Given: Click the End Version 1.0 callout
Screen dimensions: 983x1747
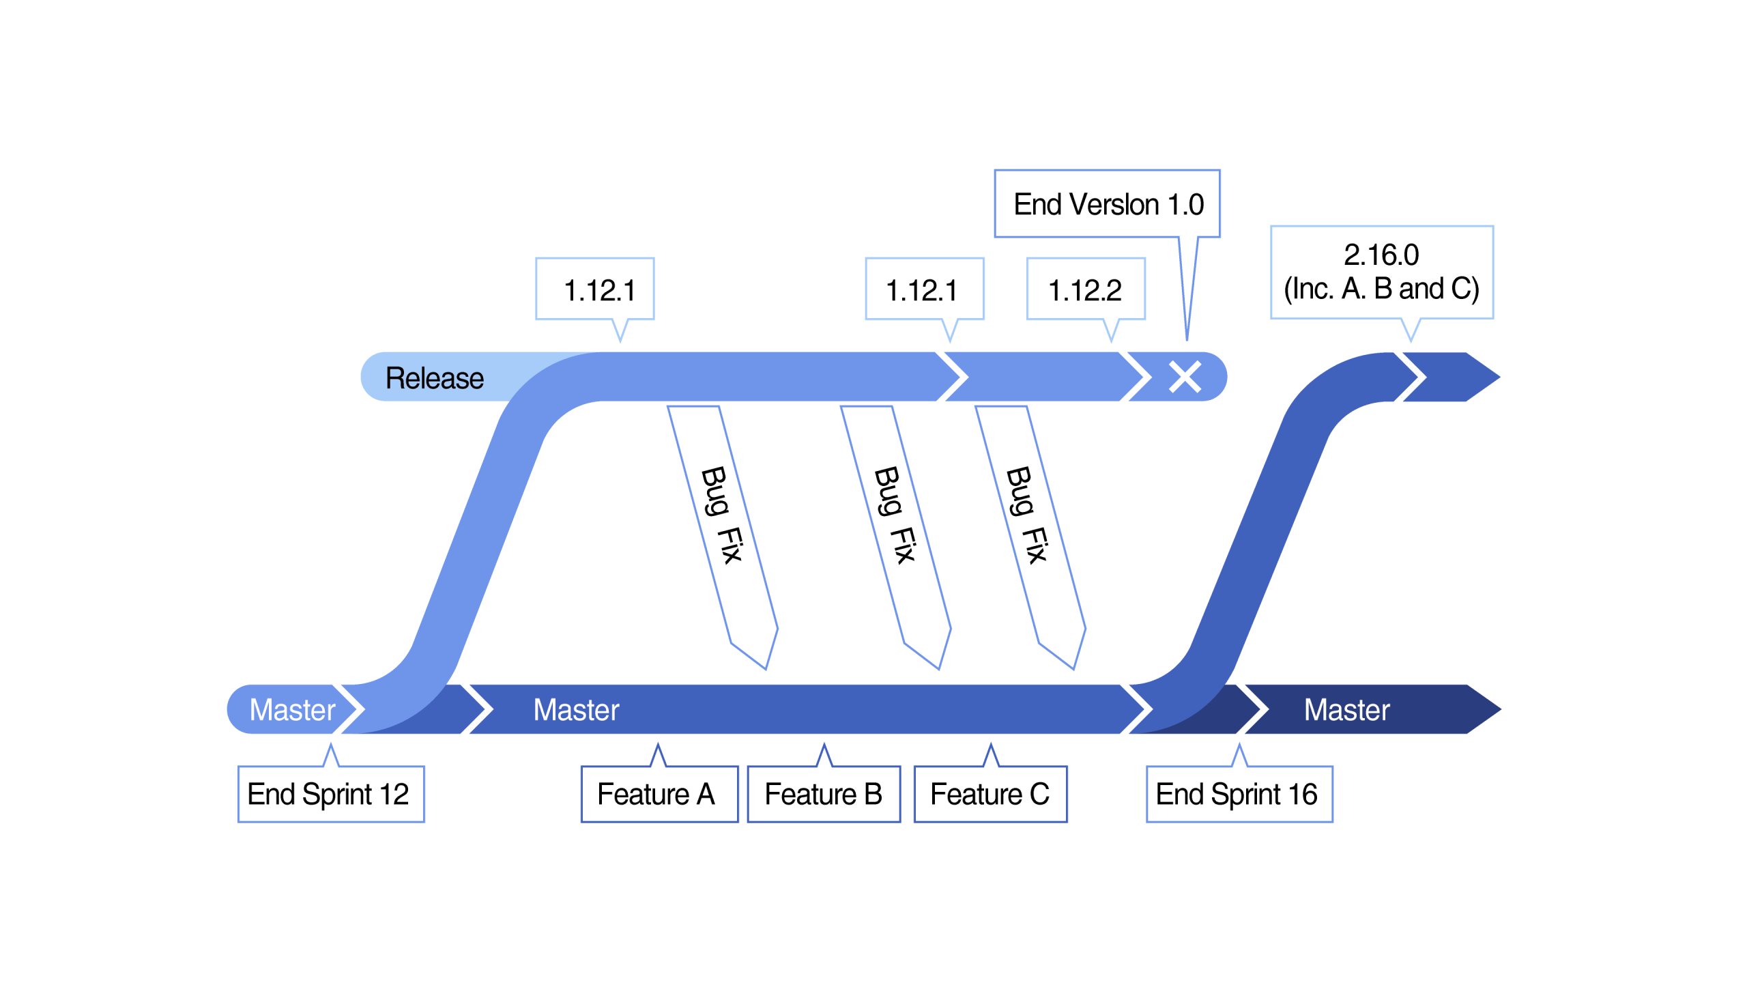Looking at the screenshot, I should (1107, 204).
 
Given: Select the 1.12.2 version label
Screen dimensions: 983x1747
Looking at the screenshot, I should (1085, 289).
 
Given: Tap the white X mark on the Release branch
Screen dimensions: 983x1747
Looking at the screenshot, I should (1185, 377).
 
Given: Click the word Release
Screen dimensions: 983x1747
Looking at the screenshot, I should (434, 378).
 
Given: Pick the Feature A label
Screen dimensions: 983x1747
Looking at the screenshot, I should (658, 794).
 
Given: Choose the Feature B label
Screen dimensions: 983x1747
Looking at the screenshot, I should (823, 794).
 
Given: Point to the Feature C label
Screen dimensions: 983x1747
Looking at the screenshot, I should (990, 794).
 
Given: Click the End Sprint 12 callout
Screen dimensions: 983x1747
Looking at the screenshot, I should (330, 794).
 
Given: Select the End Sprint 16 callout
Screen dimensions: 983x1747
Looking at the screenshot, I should (1238, 794).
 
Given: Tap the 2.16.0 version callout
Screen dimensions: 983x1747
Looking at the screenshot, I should (1381, 272).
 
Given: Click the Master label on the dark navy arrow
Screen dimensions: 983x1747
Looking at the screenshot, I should (1346, 710).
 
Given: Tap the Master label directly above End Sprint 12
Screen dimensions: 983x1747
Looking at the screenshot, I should (292, 710).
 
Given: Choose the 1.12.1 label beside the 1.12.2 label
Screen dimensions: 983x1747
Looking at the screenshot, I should (923, 289).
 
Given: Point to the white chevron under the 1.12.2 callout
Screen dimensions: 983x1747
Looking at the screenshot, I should (1136, 377).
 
